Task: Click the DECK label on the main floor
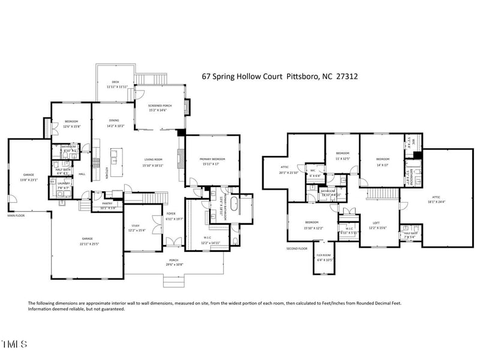pos(116,82)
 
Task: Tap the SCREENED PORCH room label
pos(160,106)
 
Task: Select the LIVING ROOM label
pos(153,160)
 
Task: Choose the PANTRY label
pos(107,203)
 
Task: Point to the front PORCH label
pos(173,260)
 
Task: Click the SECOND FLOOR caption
pos(296,248)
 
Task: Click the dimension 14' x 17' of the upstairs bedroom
pos(382,164)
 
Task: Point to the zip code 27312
pos(347,77)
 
